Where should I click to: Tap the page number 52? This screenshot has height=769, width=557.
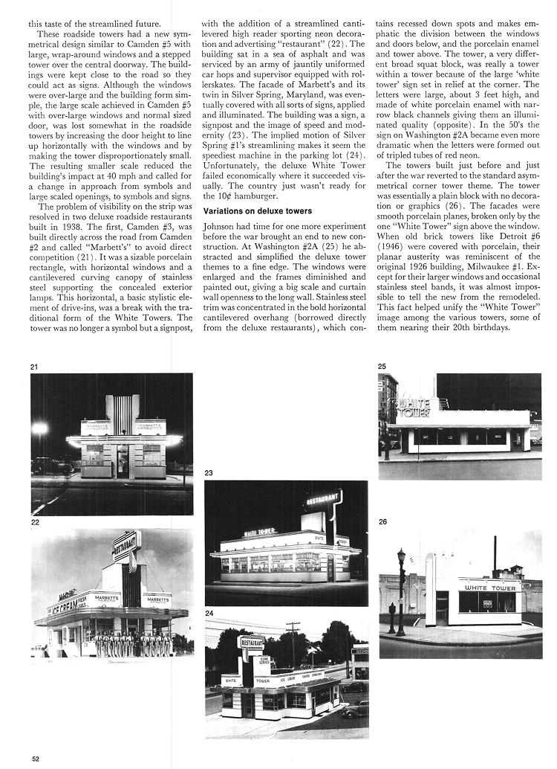coord(35,758)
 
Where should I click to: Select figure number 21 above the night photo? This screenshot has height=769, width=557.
coord(34,367)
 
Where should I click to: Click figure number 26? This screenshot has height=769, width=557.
coord(382,522)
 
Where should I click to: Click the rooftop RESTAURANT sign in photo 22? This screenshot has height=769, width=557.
coord(125,547)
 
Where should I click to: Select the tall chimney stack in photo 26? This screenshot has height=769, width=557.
coord(493,554)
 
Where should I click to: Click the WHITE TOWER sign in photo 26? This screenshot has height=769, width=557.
coord(489,588)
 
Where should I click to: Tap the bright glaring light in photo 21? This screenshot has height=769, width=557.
coord(39,430)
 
